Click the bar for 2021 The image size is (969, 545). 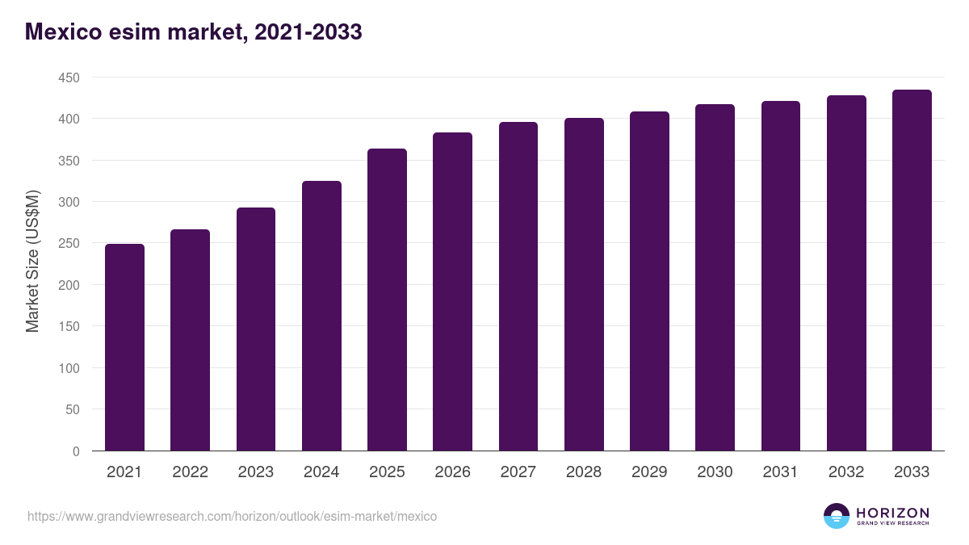(124, 347)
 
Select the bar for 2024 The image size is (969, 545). (321, 316)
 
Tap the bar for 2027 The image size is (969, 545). (518, 287)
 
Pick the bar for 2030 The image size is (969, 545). (715, 278)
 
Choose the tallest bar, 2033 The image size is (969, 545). (912, 270)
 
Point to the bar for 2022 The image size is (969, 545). (190, 340)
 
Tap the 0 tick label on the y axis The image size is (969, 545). (76, 451)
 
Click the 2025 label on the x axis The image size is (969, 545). (387, 472)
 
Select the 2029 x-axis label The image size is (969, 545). (649, 472)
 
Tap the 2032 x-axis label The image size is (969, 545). (846, 472)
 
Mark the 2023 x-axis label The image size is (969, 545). (255, 472)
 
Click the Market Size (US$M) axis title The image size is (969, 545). (32, 261)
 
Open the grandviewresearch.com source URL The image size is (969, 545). (232, 516)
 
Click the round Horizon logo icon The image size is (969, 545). (837, 516)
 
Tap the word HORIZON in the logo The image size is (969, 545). (892, 513)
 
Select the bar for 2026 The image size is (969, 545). (452, 291)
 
